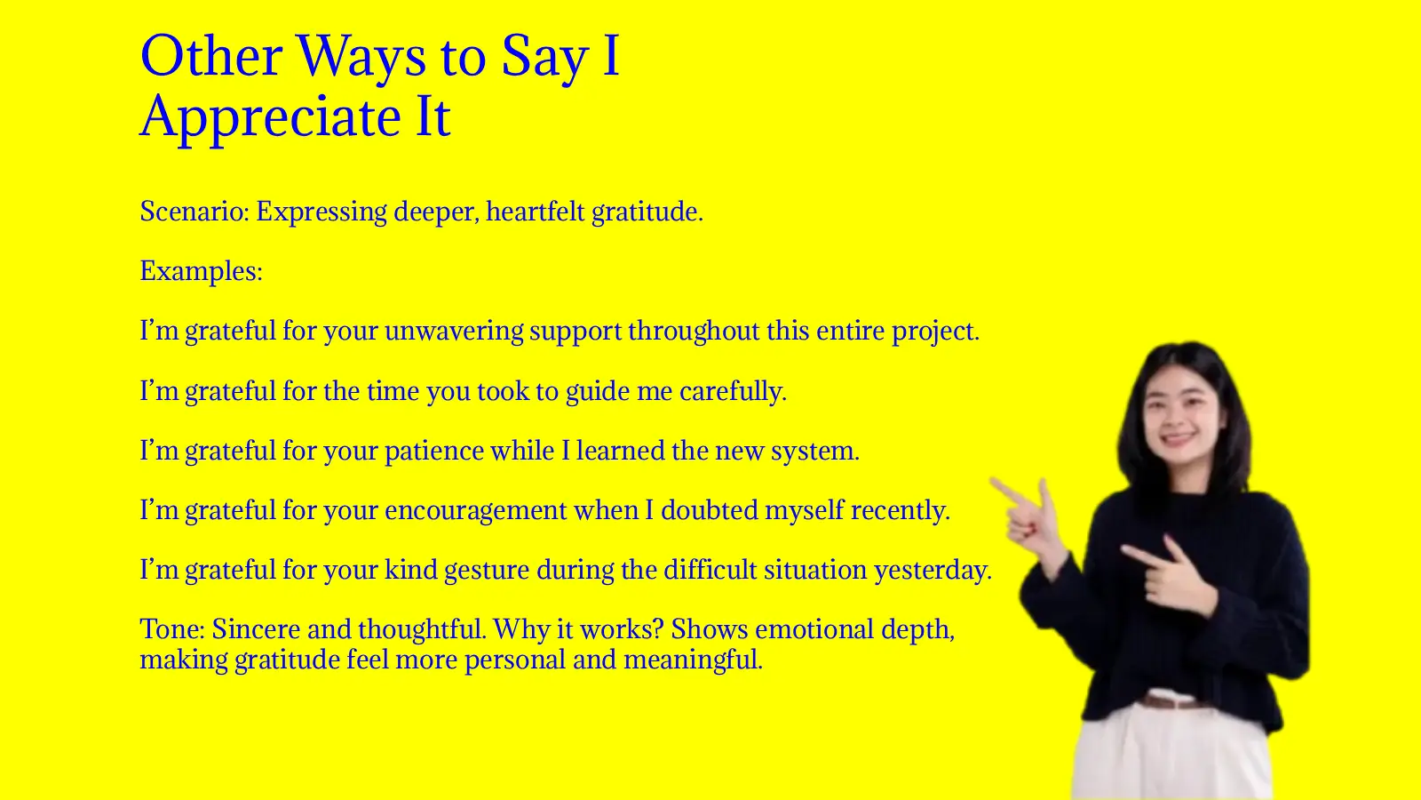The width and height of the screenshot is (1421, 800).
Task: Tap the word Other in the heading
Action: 210,57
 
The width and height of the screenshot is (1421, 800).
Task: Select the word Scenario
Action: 193,212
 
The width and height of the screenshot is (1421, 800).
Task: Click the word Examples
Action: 200,271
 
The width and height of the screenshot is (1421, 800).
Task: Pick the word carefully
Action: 732,391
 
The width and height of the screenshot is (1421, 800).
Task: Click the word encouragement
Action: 475,510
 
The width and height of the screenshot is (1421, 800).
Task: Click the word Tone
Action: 171,629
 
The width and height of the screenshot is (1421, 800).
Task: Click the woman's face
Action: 1182,414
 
